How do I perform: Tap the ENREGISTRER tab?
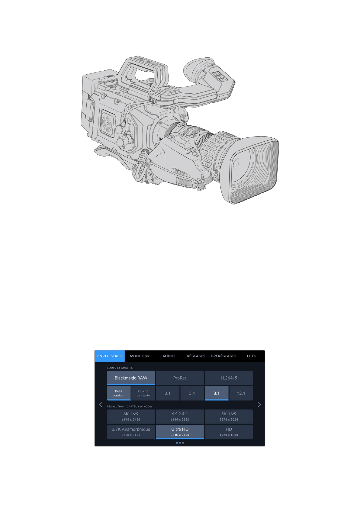109,356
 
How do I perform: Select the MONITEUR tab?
140,356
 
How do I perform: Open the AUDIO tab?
168,356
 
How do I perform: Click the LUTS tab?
251,356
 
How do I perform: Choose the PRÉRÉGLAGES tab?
223,356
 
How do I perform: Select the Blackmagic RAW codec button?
131,378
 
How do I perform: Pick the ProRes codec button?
180,378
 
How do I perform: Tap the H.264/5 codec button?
229,378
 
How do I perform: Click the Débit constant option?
119,393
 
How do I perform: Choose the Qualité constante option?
143,393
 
